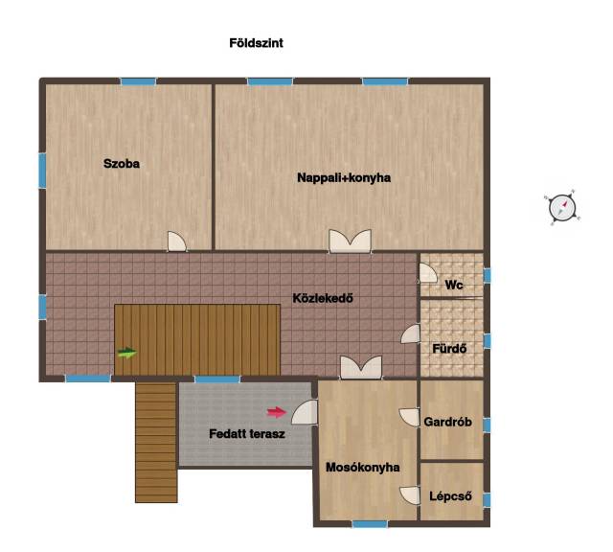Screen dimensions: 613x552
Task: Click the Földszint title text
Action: coord(256,42)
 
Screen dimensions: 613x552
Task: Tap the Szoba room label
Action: coord(122,164)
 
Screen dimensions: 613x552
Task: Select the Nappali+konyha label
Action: coord(344,177)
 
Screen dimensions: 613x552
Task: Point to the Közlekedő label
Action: coord(323,298)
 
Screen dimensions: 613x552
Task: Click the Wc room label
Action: coord(453,285)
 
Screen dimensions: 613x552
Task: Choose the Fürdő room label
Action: coord(449,348)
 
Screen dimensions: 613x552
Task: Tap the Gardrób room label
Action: coord(448,422)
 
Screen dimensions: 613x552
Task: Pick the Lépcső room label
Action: coord(450,496)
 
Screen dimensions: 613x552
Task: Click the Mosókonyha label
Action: coord(363,467)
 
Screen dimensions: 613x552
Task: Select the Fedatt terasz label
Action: coord(247,434)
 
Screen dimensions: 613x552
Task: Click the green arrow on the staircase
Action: coord(127,353)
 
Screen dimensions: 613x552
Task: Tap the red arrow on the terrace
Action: coord(277,412)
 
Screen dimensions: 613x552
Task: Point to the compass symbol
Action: coord(562,208)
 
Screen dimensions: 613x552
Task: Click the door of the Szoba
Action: coord(176,241)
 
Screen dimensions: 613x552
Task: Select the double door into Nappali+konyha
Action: coord(350,241)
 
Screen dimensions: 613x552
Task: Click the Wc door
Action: coord(428,273)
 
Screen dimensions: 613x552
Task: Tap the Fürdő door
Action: coord(411,334)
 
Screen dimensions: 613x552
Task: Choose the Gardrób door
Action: coord(409,418)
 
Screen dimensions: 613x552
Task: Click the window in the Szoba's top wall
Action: coord(138,81)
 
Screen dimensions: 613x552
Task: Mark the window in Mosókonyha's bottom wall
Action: coord(370,524)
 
